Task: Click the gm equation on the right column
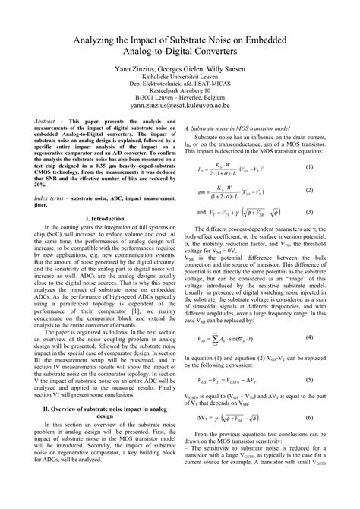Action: [x=229, y=190]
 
